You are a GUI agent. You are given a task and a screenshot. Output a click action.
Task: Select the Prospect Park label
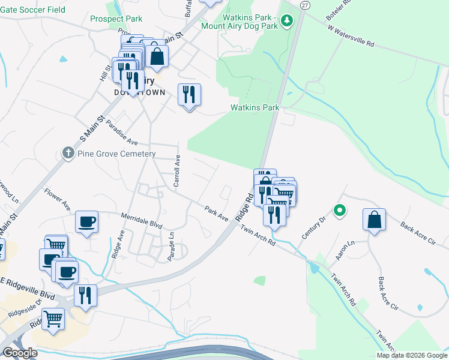pyautogui.click(x=116, y=19)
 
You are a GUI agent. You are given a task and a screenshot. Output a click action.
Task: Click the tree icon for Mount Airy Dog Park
pyautogui.click(x=288, y=22)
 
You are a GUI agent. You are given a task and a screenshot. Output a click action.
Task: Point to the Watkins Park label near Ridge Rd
pyautogui.click(x=255, y=108)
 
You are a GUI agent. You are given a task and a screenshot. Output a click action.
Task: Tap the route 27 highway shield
pyautogui.click(x=305, y=5)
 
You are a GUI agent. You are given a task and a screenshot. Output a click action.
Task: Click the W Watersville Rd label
pyautogui.click(x=351, y=35)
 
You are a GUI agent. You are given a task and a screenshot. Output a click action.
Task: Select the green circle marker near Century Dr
pyautogui.click(x=339, y=210)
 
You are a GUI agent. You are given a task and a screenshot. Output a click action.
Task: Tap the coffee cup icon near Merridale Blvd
pyautogui.click(x=87, y=221)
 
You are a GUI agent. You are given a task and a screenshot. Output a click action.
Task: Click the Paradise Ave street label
pyautogui.click(x=122, y=133)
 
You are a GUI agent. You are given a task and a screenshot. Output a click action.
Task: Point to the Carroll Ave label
pyautogui.click(x=177, y=171)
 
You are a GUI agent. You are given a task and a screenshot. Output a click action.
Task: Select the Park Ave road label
pyautogui.click(x=216, y=213)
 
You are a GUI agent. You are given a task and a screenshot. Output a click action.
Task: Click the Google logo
pyautogui.click(x=19, y=353)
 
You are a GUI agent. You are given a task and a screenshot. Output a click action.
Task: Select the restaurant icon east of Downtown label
pyautogui.click(x=189, y=94)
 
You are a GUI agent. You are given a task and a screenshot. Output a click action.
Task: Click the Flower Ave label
pyautogui.click(x=57, y=199)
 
